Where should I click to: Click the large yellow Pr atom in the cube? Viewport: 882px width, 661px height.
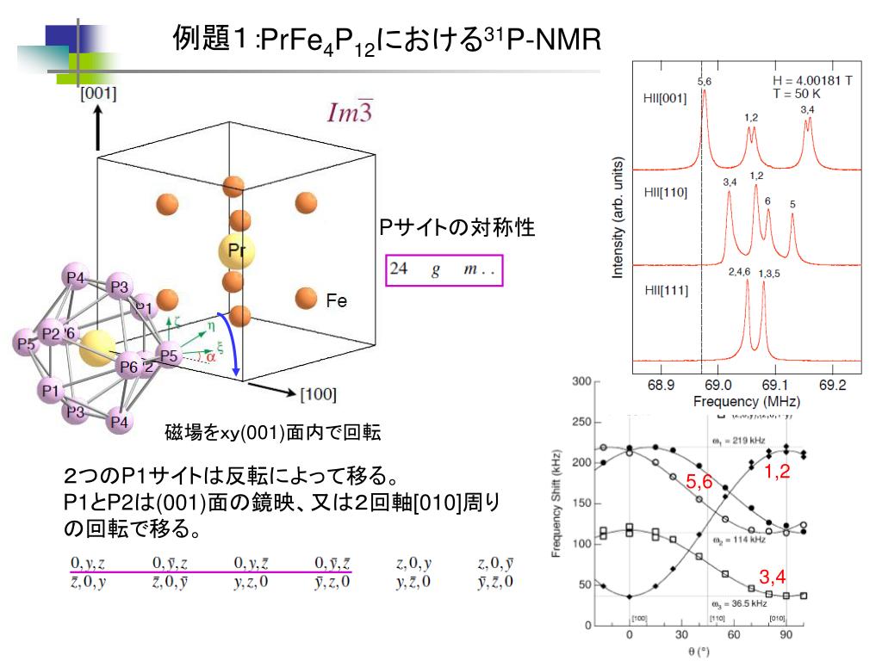(236, 251)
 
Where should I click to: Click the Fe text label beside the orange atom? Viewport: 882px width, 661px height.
(336, 301)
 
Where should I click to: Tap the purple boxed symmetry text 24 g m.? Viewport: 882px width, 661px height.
(444, 269)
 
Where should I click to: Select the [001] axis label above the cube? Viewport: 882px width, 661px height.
(98, 94)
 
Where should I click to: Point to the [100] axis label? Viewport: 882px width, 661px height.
(318, 395)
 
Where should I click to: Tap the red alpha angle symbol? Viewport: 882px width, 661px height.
(210, 356)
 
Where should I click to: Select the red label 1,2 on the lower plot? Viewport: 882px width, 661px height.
(777, 471)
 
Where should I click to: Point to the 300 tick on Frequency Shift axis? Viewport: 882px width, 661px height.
(581, 381)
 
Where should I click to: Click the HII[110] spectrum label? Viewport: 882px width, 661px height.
(665, 193)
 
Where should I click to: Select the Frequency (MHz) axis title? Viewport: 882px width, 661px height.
(746, 402)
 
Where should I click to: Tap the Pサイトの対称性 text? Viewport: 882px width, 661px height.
(457, 227)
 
